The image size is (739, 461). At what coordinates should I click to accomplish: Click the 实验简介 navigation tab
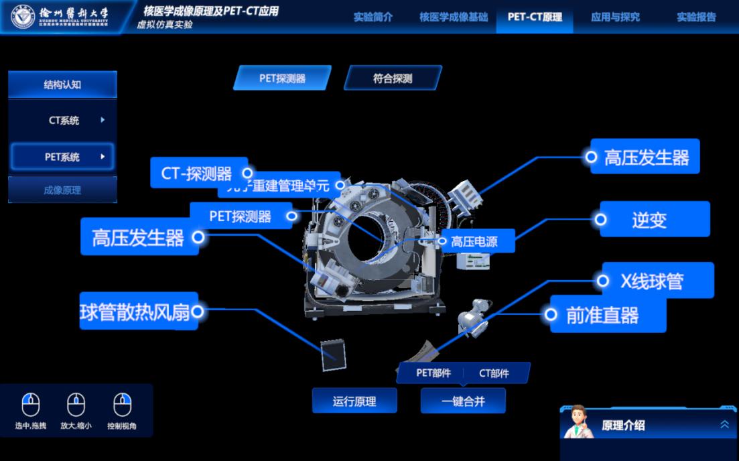[373, 17]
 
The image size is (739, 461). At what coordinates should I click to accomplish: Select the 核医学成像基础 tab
[454, 17]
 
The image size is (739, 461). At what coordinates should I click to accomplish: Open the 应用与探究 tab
[615, 17]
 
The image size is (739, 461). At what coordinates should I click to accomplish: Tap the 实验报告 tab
[696, 17]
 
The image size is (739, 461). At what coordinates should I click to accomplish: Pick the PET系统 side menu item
[62, 157]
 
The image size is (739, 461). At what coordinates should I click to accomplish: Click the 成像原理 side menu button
[62, 190]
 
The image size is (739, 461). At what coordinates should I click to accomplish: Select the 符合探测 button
[393, 78]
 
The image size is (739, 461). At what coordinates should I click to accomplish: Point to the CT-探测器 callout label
[197, 174]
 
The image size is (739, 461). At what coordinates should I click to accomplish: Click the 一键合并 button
[462, 401]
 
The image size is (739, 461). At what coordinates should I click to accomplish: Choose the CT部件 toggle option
[494, 373]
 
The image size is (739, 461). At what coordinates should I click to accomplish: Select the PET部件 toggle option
[433, 373]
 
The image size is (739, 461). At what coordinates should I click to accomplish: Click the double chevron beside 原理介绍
[724, 425]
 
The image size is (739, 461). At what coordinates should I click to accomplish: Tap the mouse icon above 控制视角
[122, 405]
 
